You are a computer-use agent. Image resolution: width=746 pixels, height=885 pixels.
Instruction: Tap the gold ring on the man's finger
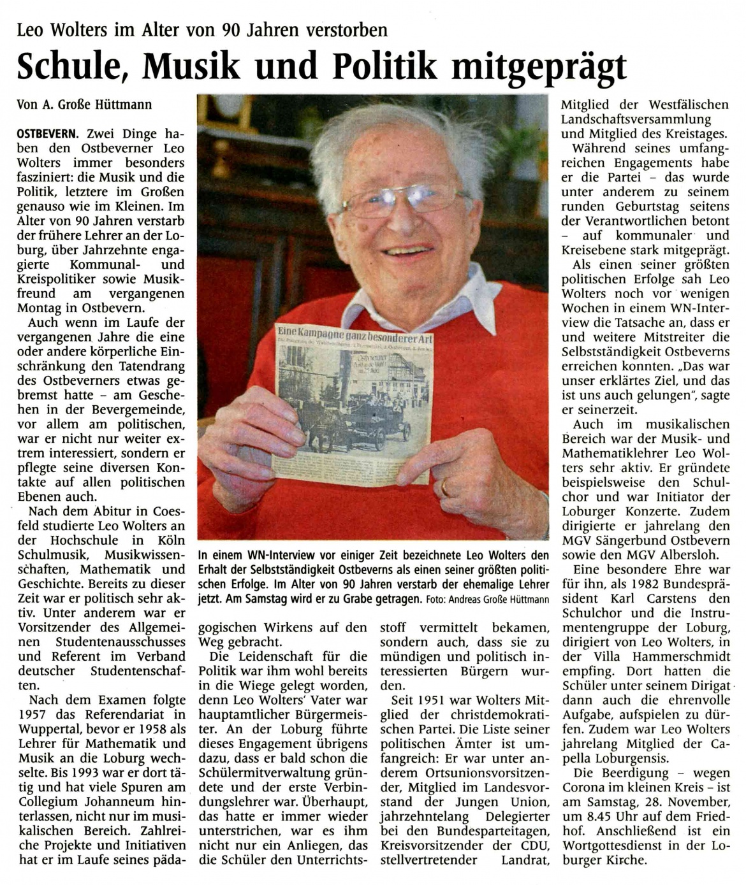point(445,487)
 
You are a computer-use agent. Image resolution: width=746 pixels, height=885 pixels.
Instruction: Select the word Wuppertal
point(50,730)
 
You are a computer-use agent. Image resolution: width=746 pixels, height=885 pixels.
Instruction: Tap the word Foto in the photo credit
point(437,600)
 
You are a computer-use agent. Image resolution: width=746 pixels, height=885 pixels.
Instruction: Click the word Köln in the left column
point(170,540)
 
